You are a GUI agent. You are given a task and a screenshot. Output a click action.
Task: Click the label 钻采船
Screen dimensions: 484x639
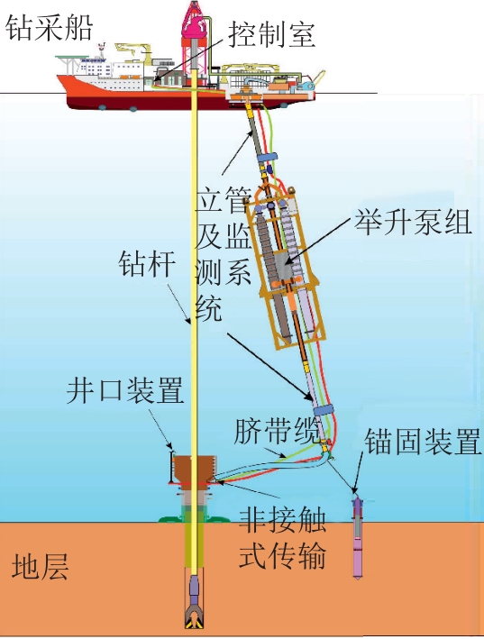coord(50,28)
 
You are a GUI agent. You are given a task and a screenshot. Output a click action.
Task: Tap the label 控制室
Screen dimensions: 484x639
coord(271,34)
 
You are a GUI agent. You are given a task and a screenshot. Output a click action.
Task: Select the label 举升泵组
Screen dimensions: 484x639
coord(413,222)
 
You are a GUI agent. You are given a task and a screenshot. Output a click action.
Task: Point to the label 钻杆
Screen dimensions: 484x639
coord(147,264)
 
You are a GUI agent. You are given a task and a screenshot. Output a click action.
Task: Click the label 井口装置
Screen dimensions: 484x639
coord(125,390)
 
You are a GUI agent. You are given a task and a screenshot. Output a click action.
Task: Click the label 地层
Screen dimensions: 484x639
coord(40,566)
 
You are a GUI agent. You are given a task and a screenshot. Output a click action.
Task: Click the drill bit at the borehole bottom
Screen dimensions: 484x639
coord(196,616)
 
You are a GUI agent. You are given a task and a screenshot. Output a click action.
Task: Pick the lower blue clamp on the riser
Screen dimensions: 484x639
coord(323,410)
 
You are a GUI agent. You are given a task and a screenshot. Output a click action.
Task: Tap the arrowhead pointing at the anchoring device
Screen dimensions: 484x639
coord(355,490)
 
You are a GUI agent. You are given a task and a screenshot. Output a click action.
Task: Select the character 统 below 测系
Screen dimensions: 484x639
coord(208,307)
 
